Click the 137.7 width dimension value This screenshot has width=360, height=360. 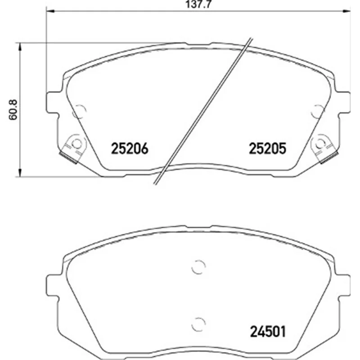pos(198,4)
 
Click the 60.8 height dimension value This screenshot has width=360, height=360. pos(13,110)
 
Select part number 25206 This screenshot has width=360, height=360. pos(130,148)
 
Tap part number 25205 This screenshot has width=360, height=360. pos(267,148)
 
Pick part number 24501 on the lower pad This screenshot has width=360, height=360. pos(268,332)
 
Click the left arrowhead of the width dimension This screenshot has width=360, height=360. pos(50,11)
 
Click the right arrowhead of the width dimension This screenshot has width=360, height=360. pos(346,11)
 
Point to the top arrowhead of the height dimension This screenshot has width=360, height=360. pos(20,47)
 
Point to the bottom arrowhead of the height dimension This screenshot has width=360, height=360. pos(20,172)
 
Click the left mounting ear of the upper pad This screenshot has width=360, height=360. pos(52,103)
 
